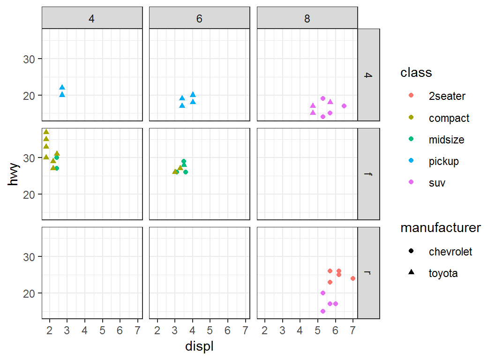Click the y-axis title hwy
pos(14,174)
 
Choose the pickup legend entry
pos(443,161)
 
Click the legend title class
pos(416,73)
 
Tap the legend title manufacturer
pos(441,228)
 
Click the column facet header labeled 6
pos(199,18)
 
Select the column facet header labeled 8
pos(307,18)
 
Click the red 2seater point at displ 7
pos(353,278)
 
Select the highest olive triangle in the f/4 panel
pos(46,132)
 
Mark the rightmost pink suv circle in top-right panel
pos(344,106)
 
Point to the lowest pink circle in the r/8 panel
pos(323,311)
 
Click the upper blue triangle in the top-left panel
pos(62,88)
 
